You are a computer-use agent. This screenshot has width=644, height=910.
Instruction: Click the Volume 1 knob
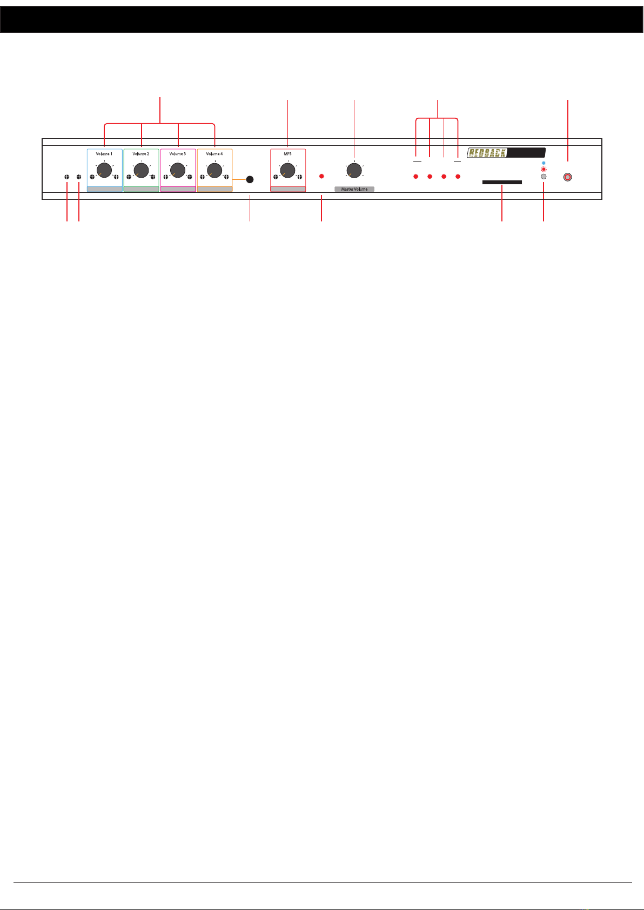[104, 171]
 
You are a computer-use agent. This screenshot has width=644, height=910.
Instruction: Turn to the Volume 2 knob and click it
[141, 171]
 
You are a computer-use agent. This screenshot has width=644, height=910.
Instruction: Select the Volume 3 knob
[178, 171]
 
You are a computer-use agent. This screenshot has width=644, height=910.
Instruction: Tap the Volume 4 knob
[214, 171]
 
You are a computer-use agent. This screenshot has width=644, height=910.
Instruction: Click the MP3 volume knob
[288, 171]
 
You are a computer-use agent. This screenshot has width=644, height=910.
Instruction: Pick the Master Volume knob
[354, 171]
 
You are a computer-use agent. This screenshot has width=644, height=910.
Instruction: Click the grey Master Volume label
[354, 189]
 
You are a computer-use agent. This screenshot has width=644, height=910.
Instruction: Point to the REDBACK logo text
[487, 153]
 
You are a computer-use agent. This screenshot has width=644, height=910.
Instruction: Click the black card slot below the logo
[502, 183]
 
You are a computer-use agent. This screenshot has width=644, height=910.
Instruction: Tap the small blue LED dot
[544, 162]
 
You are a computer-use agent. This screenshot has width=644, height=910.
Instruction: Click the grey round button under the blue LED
[544, 177]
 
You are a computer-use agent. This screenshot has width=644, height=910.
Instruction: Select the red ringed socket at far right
[567, 177]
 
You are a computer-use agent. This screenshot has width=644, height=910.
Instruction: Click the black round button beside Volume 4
[250, 179]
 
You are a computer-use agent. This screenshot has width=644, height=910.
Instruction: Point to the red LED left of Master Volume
[321, 177]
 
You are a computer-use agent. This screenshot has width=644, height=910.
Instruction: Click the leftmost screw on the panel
[67, 177]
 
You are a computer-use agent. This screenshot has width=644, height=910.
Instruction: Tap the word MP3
[288, 154]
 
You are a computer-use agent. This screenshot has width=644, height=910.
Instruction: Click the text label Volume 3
[178, 154]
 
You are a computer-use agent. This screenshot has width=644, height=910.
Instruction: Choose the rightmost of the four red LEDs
[458, 177]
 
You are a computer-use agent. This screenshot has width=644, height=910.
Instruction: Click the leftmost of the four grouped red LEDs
[416, 177]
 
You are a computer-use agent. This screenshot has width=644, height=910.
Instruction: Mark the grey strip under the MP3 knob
[288, 189]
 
